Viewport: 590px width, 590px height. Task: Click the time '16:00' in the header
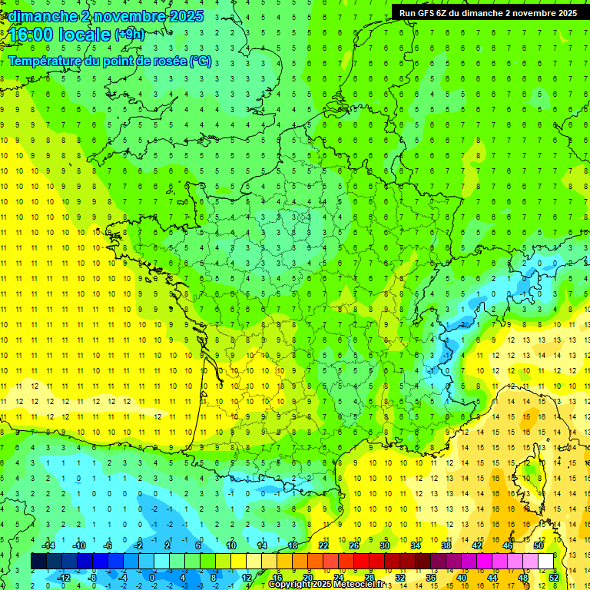pos(32,35)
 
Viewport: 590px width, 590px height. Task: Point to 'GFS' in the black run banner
pos(427,13)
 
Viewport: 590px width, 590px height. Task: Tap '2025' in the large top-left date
pos(184,15)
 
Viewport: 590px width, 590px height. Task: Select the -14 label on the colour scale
pos(48,545)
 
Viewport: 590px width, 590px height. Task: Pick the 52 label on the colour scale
pos(554,577)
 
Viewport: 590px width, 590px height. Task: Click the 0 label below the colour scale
pos(151,577)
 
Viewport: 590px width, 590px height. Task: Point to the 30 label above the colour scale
pos(385,545)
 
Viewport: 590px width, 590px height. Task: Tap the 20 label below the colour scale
pos(308,577)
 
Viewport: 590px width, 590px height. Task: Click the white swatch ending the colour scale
pos(546,562)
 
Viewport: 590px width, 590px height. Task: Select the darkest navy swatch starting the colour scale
pos(38,562)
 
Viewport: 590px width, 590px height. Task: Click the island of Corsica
pos(538,476)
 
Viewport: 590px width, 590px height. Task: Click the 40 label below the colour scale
pos(462,577)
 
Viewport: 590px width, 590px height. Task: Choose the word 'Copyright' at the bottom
pos(290,585)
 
